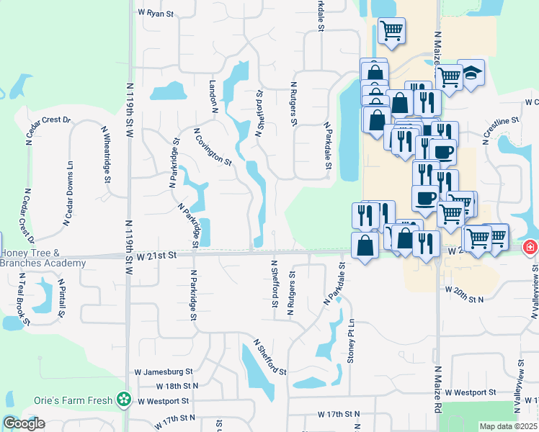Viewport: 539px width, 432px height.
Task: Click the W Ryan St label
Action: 155,14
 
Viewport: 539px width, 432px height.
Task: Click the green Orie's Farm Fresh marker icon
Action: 125,398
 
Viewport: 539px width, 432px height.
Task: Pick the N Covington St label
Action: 213,148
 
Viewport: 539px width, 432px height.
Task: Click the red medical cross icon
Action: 530,247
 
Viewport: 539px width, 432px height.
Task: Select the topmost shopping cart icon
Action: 391,30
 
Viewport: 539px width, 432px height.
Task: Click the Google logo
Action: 24,423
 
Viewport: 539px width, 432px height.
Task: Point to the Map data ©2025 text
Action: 508,426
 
